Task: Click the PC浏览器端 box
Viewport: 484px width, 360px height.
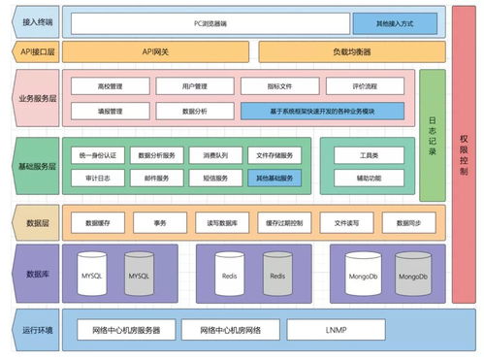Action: click(210, 21)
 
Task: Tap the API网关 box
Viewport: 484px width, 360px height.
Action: click(155, 51)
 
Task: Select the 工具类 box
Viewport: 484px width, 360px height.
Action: click(368, 154)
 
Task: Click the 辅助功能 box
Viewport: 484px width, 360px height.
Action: click(368, 178)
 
